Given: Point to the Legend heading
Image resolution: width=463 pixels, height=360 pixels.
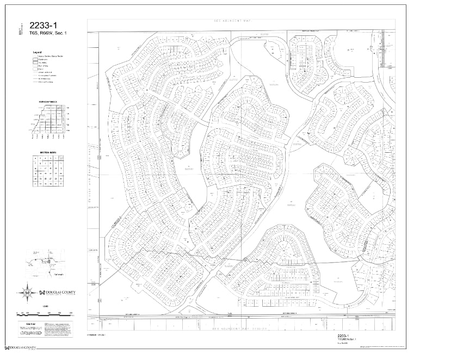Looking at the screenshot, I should coord(37,52).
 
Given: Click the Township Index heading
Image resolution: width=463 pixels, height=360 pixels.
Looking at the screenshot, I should coord(48,102).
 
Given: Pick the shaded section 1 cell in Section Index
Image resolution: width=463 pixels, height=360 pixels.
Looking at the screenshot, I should coord(61,158).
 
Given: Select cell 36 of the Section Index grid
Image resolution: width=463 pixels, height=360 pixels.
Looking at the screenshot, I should coord(61,184).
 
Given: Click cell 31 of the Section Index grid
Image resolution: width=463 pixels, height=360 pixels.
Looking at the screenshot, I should coord(35,184).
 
